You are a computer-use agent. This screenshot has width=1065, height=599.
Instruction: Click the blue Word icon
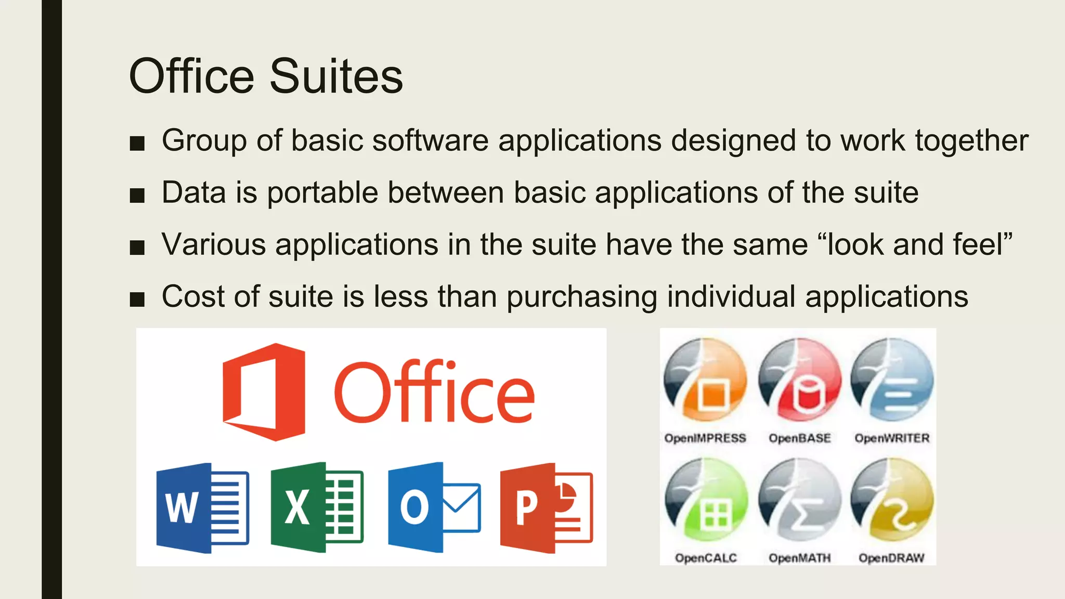[x=202, y=507]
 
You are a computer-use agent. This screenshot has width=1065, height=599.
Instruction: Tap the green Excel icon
[x=317, y=507]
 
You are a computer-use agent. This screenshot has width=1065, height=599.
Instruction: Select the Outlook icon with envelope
[x=434, y=507]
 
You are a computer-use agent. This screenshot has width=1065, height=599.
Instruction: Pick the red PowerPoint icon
[x=546, y=507]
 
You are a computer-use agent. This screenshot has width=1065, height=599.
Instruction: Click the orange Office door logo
[x=264, y=392]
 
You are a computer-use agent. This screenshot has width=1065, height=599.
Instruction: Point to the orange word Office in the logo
[x=434, y=392]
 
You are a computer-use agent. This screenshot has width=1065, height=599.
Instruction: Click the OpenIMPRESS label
[x=705, y=438]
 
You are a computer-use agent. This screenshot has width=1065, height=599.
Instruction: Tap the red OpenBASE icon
[x=800, y=380]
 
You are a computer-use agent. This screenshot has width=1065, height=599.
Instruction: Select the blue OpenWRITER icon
[x=892, y=380]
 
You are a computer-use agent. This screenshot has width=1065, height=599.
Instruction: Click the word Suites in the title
[x=336, y=76]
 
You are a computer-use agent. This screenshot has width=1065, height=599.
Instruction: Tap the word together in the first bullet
[x=971, y=141]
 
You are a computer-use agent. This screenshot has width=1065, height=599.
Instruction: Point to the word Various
[x=214, y=244]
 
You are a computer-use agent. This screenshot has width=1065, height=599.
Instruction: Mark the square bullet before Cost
[x=137, y=299]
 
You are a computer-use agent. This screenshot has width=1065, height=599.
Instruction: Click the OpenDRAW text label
[x=891, y=558]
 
